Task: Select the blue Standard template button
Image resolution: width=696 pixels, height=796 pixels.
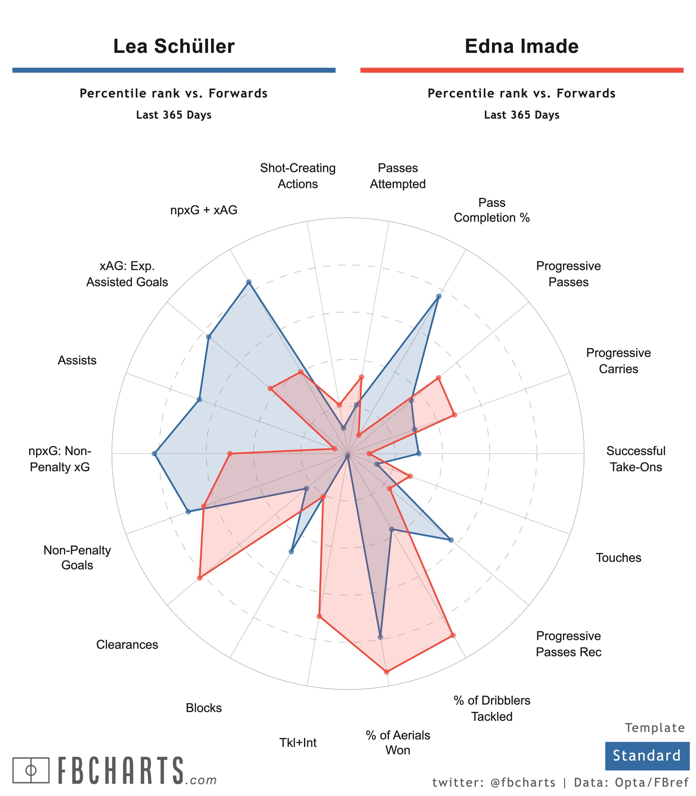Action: pos(647,756)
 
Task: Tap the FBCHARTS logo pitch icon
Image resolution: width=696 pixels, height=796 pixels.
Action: pos(31,770)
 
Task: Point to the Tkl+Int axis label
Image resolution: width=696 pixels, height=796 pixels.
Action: pos(298,743)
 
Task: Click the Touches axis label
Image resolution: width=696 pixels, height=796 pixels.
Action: pos(618,558)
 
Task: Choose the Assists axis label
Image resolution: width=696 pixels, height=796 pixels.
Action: pos(77,360)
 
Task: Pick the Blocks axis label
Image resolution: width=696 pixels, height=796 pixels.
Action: pos(203,708)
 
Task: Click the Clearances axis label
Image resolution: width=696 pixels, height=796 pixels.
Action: pos(127,644)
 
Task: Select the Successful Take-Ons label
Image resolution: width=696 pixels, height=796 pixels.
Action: pos(636,459)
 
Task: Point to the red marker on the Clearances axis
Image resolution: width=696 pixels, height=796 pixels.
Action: pos(200,578)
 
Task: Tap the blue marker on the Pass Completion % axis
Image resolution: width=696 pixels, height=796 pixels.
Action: pos(439,296)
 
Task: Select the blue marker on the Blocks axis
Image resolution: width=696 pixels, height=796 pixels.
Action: pos(292,551)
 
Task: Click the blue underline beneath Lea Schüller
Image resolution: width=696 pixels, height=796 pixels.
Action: pos(174,70)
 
